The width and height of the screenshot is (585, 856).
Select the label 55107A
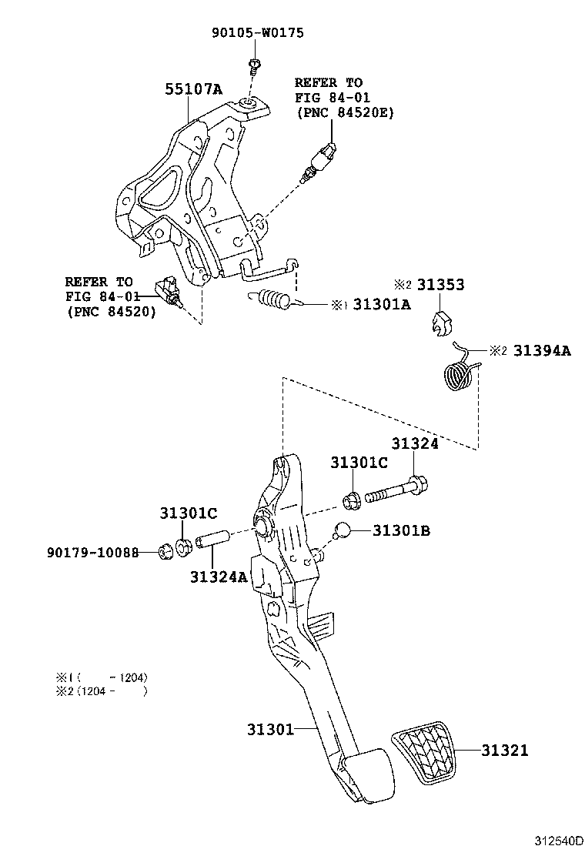coord(193,90)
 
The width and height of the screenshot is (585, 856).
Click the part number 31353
coord(440,284)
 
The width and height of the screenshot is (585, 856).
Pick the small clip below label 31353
coord(439,324)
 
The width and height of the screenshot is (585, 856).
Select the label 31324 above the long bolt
coord(414,444)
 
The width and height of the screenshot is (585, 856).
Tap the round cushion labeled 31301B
coord(343,530)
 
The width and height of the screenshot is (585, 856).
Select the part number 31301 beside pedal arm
coord(270,729)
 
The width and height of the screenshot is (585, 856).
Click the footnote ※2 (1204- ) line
coord(101,690)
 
